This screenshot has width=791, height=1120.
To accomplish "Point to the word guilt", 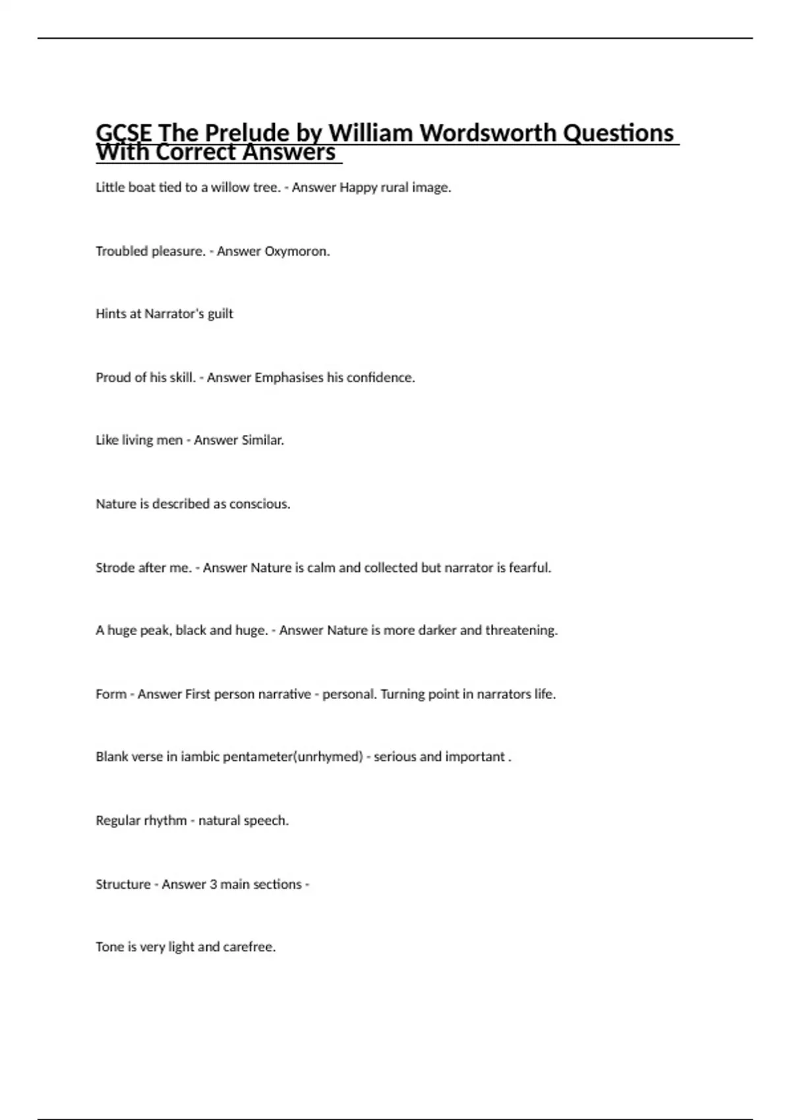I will click(220, 314).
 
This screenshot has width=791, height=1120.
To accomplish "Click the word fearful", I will click(530, 567).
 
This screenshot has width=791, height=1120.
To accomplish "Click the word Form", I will click(111, 694).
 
